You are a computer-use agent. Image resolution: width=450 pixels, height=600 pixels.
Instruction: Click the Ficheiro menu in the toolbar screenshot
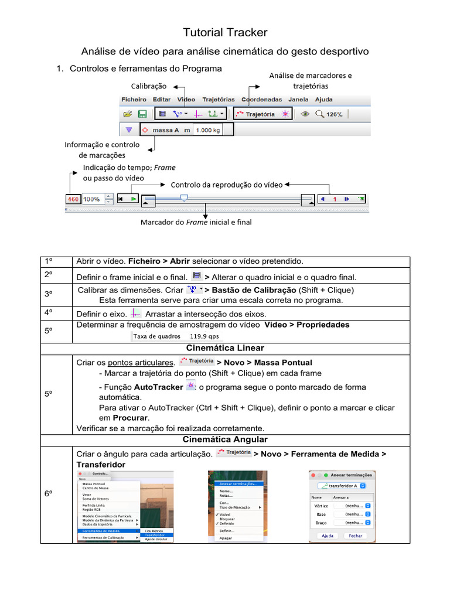134,100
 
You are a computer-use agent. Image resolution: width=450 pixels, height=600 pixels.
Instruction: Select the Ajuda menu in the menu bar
323,100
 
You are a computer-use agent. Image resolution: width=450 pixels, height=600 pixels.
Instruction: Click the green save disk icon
142,114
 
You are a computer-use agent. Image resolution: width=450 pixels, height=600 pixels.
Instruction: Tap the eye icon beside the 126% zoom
304,114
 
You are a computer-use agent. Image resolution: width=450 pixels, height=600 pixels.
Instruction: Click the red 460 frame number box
73,199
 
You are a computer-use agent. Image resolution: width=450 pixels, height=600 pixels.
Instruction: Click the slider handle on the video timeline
184,198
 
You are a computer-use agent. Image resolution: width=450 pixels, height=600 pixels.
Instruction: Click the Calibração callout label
148,86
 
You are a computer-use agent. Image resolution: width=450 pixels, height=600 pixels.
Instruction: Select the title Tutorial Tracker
225,33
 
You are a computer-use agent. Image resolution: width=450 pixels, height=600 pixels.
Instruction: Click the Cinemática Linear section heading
225,348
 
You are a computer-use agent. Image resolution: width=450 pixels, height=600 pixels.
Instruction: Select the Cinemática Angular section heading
225,439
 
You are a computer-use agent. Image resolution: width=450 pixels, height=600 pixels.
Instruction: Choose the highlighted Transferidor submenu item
154,535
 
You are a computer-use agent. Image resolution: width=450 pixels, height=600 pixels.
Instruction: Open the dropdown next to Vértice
367,505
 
